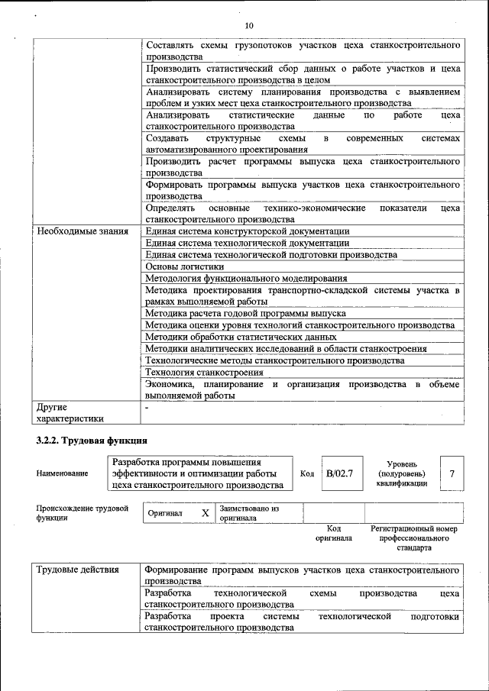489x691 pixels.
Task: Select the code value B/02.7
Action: [x=339, y=474]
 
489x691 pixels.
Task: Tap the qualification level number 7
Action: [x=452, y=474]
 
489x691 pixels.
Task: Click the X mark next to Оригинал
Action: [x=205, y=513]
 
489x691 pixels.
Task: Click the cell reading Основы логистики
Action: [x=184, y=266]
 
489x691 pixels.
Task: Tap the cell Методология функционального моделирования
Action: [x=246, y=279]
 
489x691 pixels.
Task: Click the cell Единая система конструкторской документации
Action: [x=248, y=231]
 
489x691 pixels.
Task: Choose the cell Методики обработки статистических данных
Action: [x=241, y=337]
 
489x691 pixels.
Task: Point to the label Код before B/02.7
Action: [x=307, y=474]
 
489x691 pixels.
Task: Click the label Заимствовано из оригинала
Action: [x=249, y=512]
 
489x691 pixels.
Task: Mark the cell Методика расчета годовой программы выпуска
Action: [x=245, y=313]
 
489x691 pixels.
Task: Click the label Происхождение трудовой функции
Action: [x=82, y=512]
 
